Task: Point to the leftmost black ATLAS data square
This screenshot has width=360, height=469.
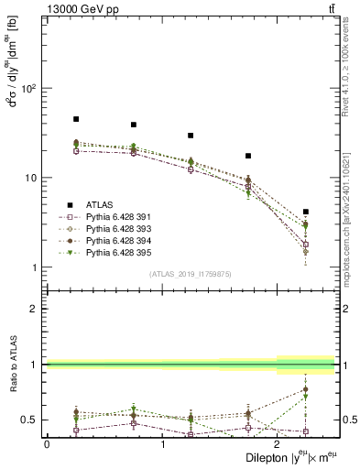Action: click(76, 119)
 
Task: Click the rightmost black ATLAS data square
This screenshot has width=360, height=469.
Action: click(306, 212)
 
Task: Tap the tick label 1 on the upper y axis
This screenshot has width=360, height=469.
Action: click(33, 267)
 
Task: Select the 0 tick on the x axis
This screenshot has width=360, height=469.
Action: click(47, 444)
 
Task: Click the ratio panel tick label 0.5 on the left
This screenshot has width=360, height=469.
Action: click(28, 420)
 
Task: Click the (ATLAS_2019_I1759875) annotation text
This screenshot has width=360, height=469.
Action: click(191, 274)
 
